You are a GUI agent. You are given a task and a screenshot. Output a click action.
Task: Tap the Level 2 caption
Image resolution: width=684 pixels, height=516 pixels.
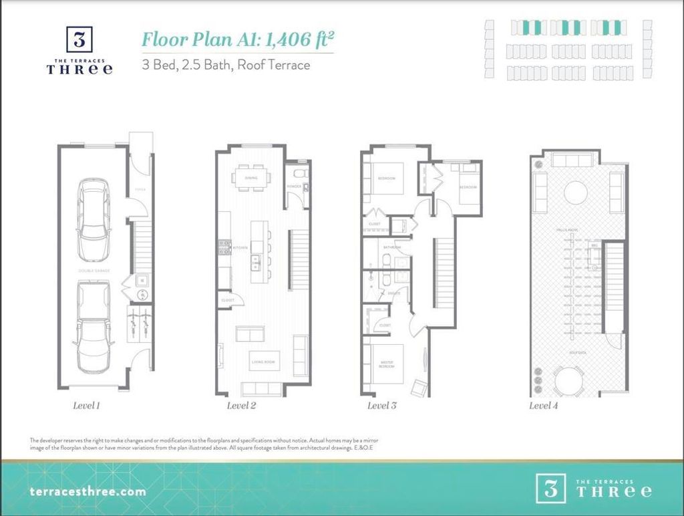tap(241, 405)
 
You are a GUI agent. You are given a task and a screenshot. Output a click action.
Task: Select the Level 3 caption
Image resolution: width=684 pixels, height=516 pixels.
tap(382, 405)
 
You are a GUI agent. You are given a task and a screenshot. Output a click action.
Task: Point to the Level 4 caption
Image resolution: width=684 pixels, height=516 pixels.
tap(544, 405)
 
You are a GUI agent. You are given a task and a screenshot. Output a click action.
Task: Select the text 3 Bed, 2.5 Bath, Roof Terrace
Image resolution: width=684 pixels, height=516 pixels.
tap(225, 66)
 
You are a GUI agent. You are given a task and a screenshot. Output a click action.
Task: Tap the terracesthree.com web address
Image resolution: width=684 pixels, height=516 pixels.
tap(88, 491)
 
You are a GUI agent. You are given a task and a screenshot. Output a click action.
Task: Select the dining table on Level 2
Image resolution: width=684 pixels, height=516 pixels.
tap(251, 178)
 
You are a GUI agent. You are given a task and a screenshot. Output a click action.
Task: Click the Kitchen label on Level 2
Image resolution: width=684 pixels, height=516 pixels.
tap(240, 247)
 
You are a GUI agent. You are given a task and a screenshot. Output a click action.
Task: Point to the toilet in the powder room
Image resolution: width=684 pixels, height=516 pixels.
tap(300, 174)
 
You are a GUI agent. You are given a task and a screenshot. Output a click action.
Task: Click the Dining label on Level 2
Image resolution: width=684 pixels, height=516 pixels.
tap(251, 178)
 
